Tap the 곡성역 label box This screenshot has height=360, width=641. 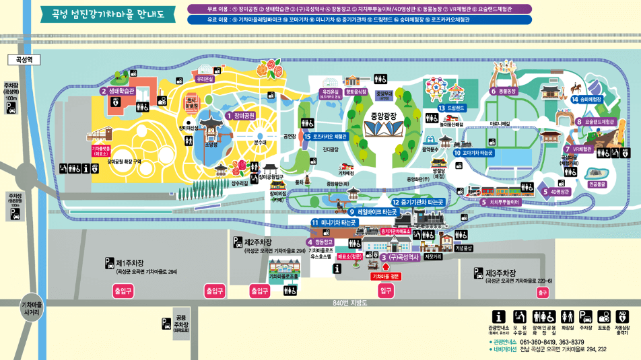coord(25,60)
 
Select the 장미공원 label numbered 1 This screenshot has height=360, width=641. coord(240,116)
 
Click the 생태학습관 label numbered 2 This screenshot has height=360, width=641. coord(119,91)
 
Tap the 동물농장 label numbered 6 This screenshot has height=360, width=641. coord(504,91)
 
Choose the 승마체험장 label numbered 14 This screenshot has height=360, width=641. coord(586,99)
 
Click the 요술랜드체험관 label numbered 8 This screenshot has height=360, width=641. coord(595,122)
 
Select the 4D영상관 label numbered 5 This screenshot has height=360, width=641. coord(555,191)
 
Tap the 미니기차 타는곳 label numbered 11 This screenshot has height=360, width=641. coord(334,222)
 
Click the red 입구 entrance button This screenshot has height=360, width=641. coord(386,291)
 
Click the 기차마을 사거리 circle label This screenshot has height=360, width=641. coord(32,308)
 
